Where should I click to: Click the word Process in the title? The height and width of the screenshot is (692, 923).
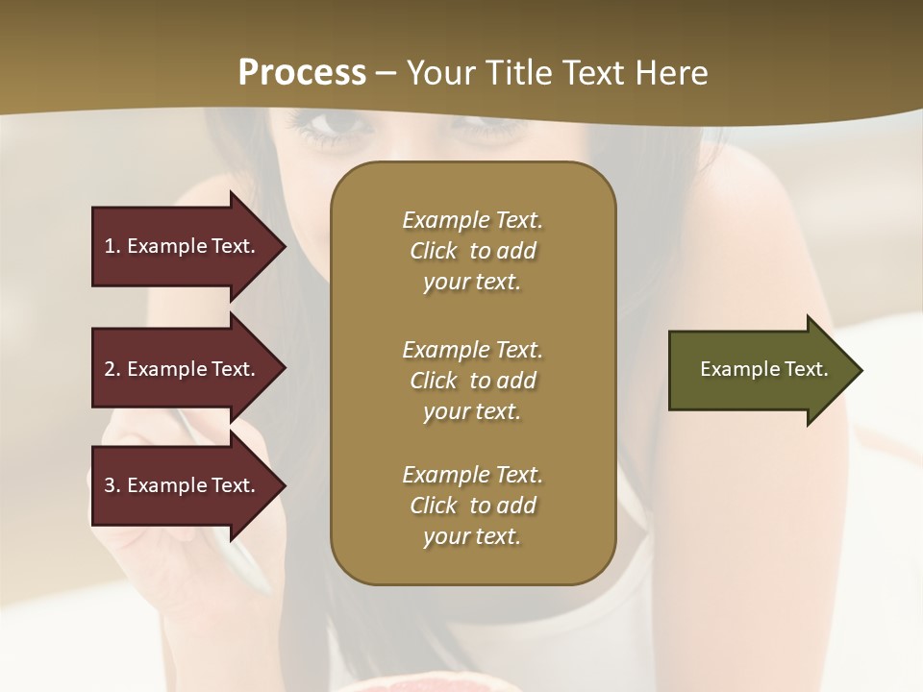[x=302, y=73]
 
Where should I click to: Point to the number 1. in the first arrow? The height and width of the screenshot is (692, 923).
[x=112, y=246]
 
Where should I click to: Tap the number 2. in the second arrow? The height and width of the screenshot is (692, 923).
[x=112, y=369]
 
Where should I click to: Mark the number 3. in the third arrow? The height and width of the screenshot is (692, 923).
[x=112, y=485]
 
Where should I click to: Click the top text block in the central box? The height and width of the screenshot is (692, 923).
[x=472, y=251]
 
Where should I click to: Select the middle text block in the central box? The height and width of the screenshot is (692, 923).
[x=472, y=381]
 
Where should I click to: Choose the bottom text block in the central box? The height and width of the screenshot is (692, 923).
[x=472, y=506]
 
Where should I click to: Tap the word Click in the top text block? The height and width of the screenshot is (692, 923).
[x=434, y=251]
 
